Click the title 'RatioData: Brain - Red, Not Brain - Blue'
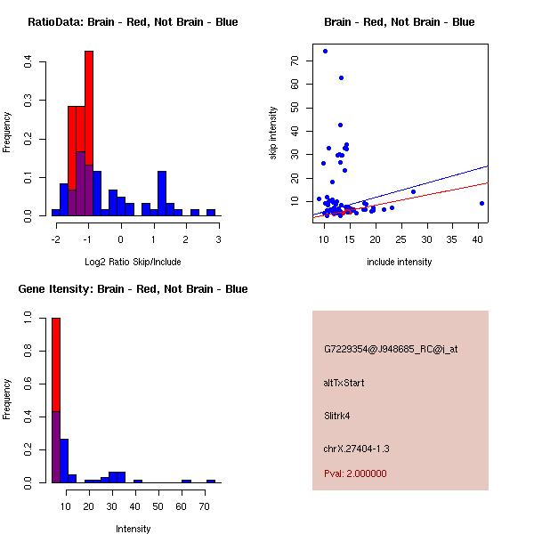pyautogui.click(x=133, y=22)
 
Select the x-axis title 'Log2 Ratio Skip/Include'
pyautogui.click(x=133, y=262)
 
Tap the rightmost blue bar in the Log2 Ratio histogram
pyautogui.click(x=211, y=213)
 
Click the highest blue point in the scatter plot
pyautogui.click(x=325, y=51)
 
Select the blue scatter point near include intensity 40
pyautogui.click(x=481, y=203)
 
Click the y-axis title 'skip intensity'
pyautogui.click(x=273, y=133)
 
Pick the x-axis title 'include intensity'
pyautogui.click(x=400, y=262)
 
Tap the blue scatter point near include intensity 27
pyautogui.click(x=413, y=191)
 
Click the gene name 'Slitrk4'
pyautogui.click(x=339, y=415)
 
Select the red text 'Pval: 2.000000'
pyautogui.click(x=355, y=473)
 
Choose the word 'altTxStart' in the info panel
pyautogui.click(x=344, y=383)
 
